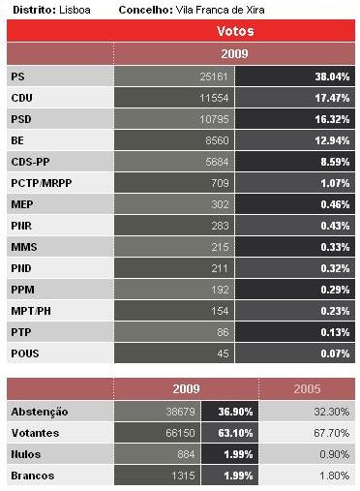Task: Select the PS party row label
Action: (x=18, y=76)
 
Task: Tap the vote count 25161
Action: (x=209, y=76)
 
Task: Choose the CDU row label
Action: (x=22, y=97)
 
